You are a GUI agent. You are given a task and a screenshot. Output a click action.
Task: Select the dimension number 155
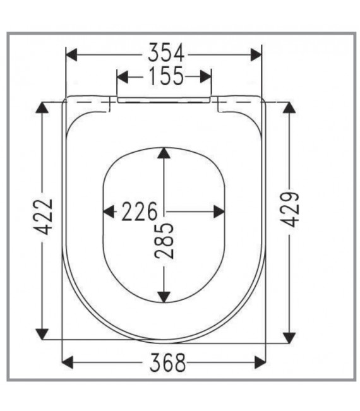coord(164,77)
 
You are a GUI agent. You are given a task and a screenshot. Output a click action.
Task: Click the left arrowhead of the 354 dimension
coord(71,54)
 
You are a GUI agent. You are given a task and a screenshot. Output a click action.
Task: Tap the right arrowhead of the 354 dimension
coord(256,54)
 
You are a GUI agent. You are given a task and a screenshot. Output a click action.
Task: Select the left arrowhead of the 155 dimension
coord(123,77)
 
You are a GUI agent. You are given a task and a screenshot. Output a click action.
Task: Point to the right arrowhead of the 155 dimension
coord(206,77)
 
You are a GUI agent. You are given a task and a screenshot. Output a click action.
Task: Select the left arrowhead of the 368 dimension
coord(68,362)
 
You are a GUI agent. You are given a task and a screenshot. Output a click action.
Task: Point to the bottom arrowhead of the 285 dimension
coord(164,295)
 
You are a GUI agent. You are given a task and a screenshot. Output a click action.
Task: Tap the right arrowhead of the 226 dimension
coord(220,211)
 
